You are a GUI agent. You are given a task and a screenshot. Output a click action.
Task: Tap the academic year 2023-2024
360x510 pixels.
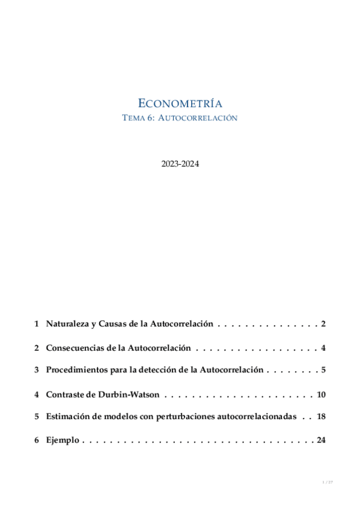(180, 163)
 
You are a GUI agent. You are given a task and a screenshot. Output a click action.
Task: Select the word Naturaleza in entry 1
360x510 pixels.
(67, 324)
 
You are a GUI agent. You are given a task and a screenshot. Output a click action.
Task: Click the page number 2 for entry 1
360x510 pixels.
(323, 324)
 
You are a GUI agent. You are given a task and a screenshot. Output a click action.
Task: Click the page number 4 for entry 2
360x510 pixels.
(323, 348)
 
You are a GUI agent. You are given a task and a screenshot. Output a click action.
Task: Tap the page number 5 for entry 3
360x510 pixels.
(323, 370)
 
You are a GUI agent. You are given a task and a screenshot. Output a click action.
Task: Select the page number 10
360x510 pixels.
(321, 395)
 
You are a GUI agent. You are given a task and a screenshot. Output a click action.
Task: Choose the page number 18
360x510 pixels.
(321, 417)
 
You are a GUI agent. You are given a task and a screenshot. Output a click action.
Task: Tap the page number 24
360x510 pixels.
(321, 440)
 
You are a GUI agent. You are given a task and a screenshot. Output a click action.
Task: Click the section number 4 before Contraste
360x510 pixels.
(37, 395)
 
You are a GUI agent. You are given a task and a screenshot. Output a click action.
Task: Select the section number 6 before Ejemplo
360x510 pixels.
(37, 440)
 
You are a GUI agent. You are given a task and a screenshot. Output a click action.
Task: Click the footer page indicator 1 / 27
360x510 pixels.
(328, 482)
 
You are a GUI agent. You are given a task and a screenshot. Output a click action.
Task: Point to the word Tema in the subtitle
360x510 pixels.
(132, 118)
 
